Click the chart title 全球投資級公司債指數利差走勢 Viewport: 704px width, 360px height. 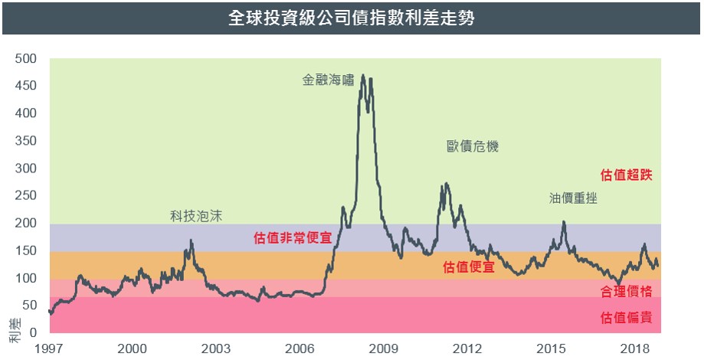pyautogui.click(x=352, y=18)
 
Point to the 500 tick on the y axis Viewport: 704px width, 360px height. pyautogui.click(x=26, y=58)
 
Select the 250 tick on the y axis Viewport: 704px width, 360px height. pyautogui.click(x=26, y=195)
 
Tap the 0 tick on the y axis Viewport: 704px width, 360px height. pyautogui.click(x=33, y=332)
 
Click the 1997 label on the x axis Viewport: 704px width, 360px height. pyautogui.click(x=47, y=349)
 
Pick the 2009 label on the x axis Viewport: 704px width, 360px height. pyautogui.click(x=384, y=349)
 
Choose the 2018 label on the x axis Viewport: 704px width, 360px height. pyautogui.click(x=635, y=349)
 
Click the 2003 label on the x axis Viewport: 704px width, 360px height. pyautogui.click(x=216, y=349)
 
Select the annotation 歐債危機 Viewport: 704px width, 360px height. pyautogui.click(x=473, y=146)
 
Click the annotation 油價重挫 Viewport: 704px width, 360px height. pyautogui.click(x=572, y=198)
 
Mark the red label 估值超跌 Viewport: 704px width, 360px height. pyautogui.click(x=627, y=175)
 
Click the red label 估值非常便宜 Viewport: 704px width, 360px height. pyautogui.click(x=293, y=238)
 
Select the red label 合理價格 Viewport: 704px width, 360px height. pyautogui.click(x=627, y=291)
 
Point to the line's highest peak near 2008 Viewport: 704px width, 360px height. pyautogui.click(x=362, y=75)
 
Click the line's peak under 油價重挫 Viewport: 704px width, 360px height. pyautogui.click(x=564, y=222)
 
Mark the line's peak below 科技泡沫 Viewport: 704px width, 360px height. pyautogui.click(x=191, y=241)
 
